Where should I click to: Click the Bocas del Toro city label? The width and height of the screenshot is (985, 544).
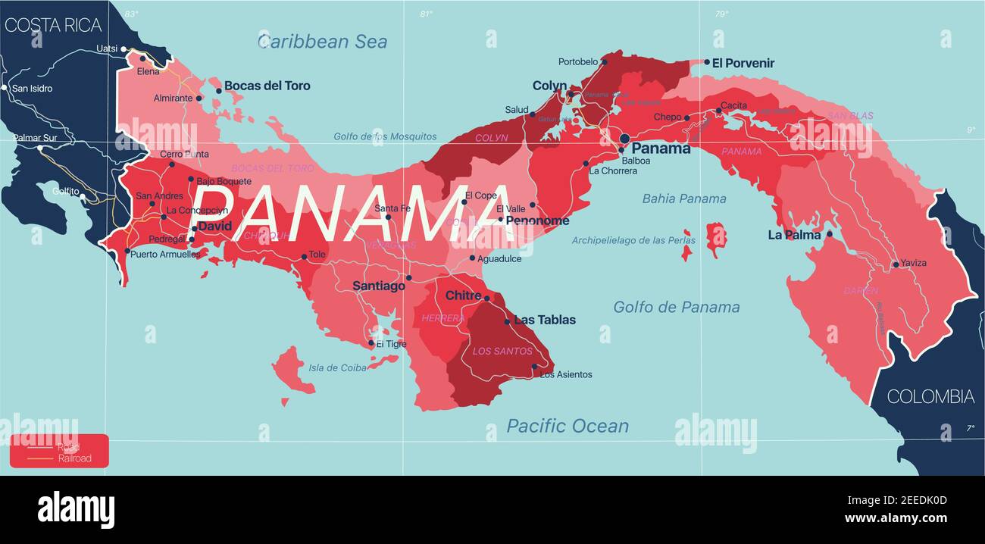point(267,86)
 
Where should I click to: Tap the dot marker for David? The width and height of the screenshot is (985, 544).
point(195,228)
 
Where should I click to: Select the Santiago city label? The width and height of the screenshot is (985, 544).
point(378,286)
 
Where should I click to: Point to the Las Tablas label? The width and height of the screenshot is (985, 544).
point(545,320)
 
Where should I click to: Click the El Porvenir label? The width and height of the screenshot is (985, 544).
point(743,63)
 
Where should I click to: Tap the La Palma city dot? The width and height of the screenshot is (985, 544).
point(829,234)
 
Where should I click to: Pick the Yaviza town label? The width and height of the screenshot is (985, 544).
point(914,263)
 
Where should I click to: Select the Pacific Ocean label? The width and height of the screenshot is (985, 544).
point(568,426)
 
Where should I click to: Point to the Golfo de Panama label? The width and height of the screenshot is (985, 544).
point(676,307)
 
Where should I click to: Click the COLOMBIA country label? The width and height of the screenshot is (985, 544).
point(930,396)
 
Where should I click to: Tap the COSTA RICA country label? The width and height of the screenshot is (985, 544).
point(53,25)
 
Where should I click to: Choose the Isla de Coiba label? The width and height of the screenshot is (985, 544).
point(337,368)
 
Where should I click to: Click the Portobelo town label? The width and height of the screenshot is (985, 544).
point(577,62)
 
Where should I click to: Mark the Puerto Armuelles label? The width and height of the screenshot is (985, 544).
point(165,255)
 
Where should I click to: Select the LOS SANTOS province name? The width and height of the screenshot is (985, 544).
point(502,351)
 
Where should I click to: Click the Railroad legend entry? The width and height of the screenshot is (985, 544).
point(74,458)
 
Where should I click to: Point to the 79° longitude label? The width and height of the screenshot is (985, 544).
point(721,13)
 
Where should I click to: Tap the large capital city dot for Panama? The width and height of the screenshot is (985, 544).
point(624,139)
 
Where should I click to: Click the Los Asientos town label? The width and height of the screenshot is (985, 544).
point(566,374)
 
